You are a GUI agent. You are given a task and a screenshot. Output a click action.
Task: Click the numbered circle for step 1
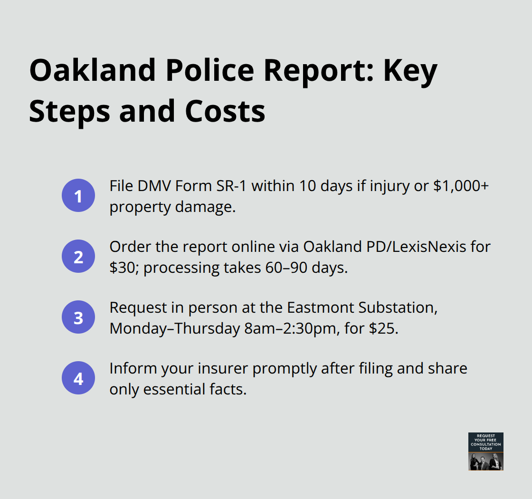[x=78, y=195]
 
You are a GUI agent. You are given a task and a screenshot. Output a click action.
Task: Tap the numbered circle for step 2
[x=78, y=256]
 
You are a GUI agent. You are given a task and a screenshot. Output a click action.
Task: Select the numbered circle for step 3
[x=78, y=317]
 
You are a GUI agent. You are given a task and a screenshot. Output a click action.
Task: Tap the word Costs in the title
[x=226, y=111]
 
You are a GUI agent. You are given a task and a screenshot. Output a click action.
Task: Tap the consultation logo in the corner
[x=485, y=451]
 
